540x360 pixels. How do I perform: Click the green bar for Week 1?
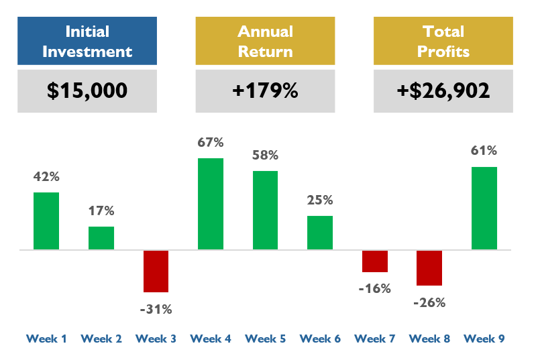click(46, 221)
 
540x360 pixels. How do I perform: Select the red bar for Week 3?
click(156, 272)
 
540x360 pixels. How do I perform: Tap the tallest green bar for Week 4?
click(211, 204)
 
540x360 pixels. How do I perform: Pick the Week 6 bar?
click(320, 233)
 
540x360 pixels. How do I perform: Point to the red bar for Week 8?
click(429, 268)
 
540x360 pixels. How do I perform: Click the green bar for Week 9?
click(484, 208)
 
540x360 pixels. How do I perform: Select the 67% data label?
click(211, 142)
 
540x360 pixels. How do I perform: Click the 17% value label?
click(101, 211)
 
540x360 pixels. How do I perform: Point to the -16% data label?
click(374, 289)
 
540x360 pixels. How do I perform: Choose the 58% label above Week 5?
click(265, 155)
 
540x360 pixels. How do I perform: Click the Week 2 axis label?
click(101, 339)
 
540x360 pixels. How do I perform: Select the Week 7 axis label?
click(374, 339)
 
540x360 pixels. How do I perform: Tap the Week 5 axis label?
click(265, 339)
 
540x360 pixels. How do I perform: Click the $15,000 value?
click(87, 91)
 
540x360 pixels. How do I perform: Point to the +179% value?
click(265, 91)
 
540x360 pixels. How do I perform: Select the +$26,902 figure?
click(443, 91)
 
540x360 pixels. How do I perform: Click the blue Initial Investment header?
click(87, 41)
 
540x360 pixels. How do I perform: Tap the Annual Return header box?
click(265, 41)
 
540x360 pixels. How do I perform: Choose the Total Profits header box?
click(443, 41)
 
